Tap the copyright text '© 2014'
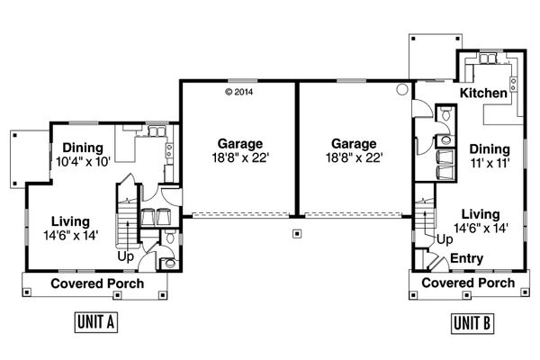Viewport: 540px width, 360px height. click(x=239, y=92)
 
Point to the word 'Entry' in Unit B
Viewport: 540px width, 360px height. click(x=466, y=259)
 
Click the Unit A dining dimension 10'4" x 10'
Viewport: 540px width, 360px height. click(x=83, y=162)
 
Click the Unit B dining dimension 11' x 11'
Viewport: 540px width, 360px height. click(x=489, y=163)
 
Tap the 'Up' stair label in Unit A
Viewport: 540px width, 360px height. click(x=125, y=256)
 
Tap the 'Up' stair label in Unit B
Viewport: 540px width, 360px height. click(x=444, y=239)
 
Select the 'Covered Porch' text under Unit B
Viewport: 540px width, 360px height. click(x=468, y=283)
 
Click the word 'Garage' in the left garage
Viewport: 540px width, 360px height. click(x=239, y=143)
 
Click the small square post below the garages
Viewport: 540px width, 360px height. click(x=296, y=234)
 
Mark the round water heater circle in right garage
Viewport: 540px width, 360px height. click(x=401, y=90)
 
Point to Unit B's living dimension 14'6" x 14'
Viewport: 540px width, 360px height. click(x=486, y=228)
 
